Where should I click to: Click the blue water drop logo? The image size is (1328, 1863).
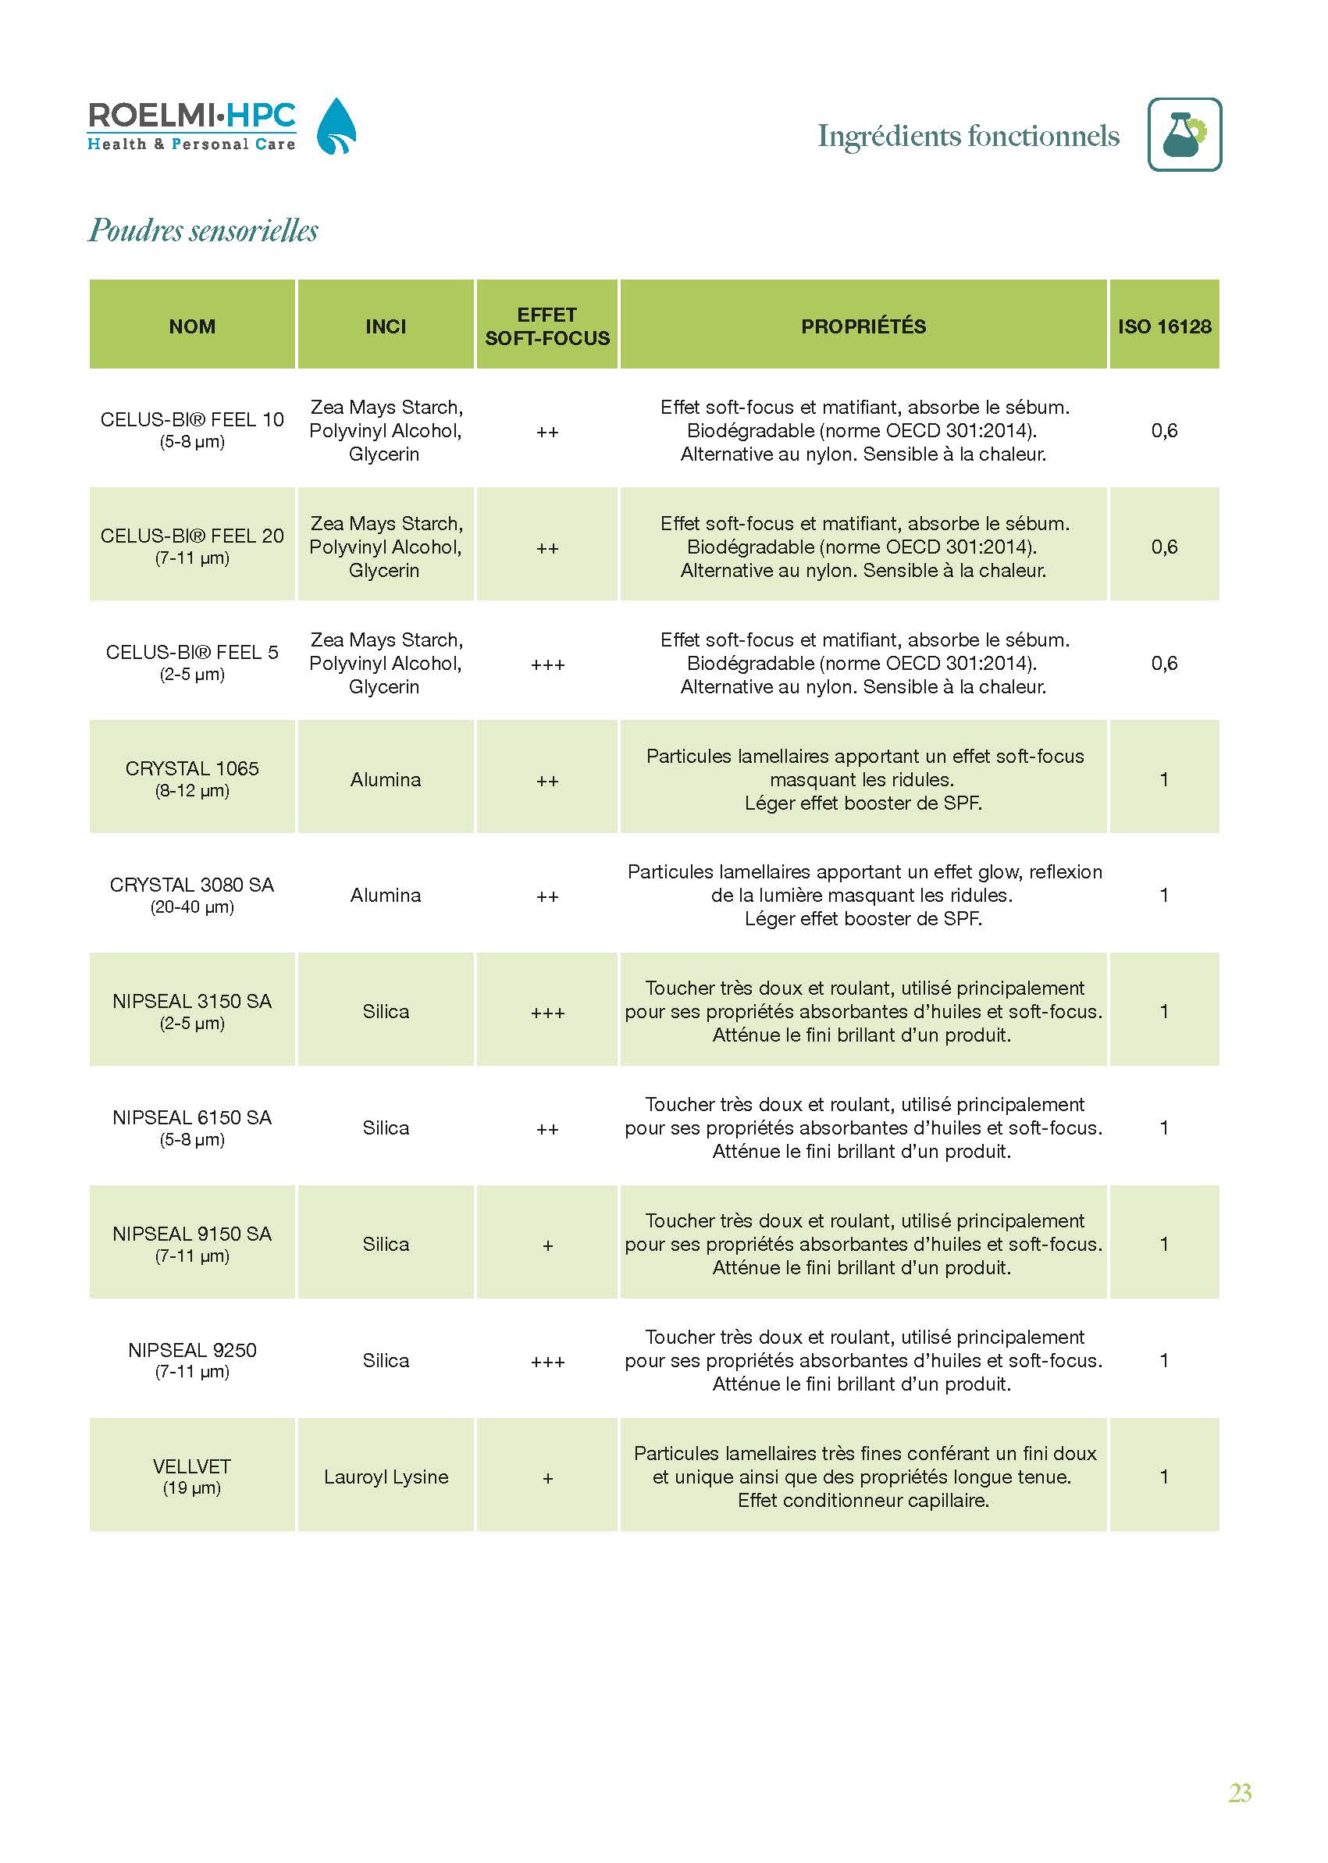(336, 126)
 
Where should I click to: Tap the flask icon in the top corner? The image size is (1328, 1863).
(1184, 134)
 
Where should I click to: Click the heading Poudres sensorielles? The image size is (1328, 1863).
(203, 230)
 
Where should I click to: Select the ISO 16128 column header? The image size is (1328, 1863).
(1163, 326)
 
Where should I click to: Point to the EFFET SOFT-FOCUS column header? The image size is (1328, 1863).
(547, 326)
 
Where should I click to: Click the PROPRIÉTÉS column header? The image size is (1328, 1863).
(863, 326)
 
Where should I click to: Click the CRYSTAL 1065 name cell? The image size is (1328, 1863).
(192, 778)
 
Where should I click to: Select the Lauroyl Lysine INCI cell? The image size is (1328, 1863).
(386, 1477)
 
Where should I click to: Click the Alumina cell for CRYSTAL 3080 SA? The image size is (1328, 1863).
(386, 895)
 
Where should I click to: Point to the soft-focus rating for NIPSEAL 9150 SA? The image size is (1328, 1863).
(547, 1245)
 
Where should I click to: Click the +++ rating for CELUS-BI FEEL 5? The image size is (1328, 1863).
(547, 664)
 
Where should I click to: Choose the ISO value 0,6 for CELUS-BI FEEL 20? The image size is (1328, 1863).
(1163, 547)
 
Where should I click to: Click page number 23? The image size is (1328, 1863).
(1240, 1793)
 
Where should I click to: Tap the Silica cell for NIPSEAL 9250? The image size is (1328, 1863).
(386, 1360)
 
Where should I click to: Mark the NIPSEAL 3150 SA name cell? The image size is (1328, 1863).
(192, 1010)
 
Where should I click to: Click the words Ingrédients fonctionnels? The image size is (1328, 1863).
(968, 136)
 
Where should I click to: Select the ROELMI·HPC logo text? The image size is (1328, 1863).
(191, 117)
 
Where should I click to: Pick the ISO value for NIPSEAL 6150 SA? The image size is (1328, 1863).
(1163, 1127)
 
